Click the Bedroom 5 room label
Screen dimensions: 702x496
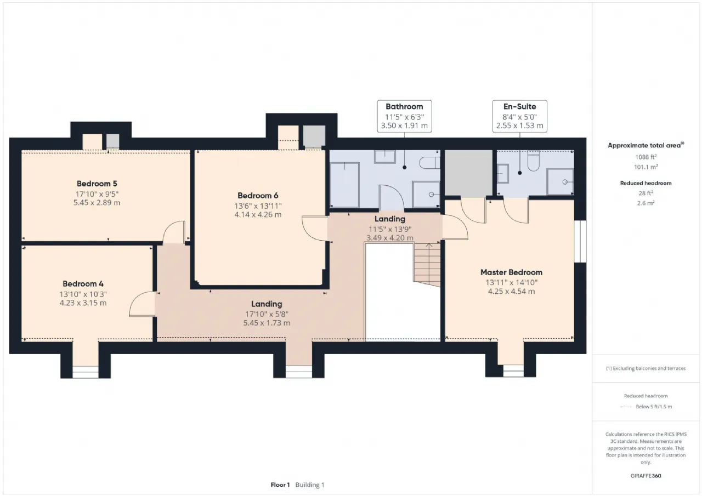97,184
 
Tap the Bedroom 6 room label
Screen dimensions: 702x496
258,196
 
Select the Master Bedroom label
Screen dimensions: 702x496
511,272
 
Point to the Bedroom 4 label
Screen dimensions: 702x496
83,284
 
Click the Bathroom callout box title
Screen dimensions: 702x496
404,106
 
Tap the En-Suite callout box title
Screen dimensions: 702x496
519,106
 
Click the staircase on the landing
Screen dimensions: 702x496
427,265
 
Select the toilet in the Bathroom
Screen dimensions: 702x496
429,163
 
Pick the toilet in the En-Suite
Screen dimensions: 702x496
534,161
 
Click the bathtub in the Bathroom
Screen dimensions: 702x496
345,185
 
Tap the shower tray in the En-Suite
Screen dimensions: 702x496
560,181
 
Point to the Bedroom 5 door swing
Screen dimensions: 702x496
174,232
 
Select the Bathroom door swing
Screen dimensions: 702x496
392,198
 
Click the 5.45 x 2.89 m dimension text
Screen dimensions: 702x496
97,203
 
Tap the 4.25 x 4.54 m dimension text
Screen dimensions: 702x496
511,291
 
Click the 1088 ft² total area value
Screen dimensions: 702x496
646,157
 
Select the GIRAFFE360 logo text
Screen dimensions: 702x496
646,476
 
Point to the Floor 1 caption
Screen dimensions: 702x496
280,484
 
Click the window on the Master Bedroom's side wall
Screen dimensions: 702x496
580,242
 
